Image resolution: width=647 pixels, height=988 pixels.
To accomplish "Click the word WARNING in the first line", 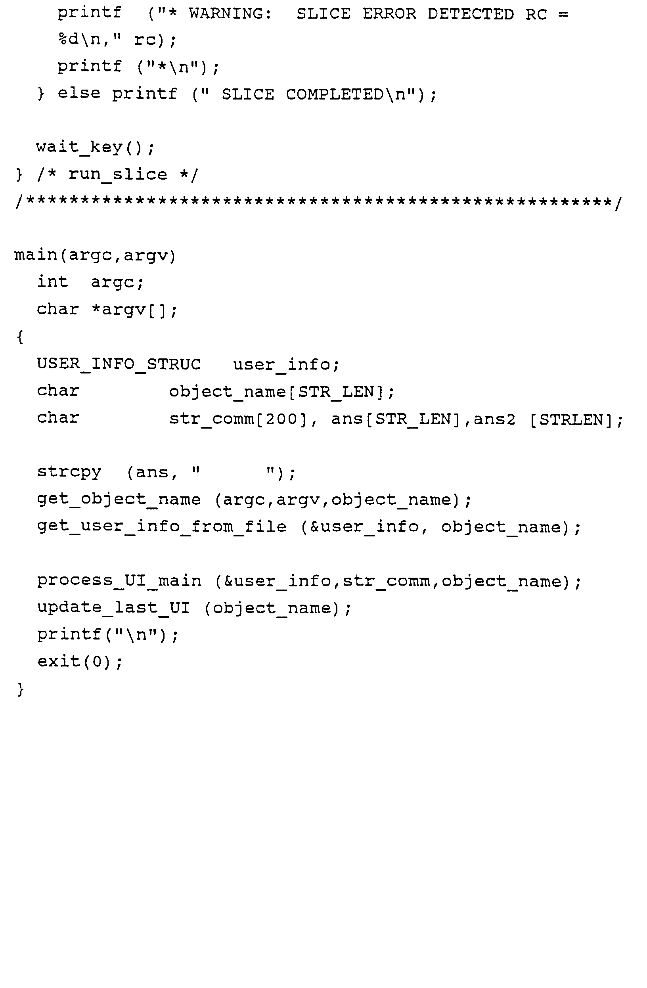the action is click(x=230, y=14).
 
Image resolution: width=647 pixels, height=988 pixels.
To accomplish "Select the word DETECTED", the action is click(x=471, y=14).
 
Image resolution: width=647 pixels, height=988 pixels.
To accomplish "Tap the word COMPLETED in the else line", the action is click(x=335, y=95).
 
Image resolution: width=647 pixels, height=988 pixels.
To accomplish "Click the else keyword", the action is click(x=79, y=94).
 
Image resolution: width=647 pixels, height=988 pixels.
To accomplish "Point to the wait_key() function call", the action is click(x=95, y=147).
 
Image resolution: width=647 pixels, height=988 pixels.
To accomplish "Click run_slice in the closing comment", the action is click(x=117, y=174).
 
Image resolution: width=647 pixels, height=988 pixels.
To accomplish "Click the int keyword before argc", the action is click(x=52, y=282).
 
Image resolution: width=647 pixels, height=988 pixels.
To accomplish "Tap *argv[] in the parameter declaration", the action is click(x=134, y=310).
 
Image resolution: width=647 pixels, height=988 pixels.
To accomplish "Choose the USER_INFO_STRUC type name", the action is click(x=119, y=364).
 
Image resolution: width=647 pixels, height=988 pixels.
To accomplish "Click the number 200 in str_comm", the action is click(x=282, y=419).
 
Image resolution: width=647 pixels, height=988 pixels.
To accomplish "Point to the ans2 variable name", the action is click(x=494, y=419).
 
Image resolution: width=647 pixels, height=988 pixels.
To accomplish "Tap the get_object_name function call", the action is click(x=119, y=500).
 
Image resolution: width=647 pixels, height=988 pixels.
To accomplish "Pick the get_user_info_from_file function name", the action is click(x=162, y=527).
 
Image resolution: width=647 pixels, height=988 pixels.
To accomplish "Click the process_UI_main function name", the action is click(x=119, y=581).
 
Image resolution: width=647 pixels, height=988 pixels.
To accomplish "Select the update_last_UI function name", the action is click(x=113, y=608).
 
